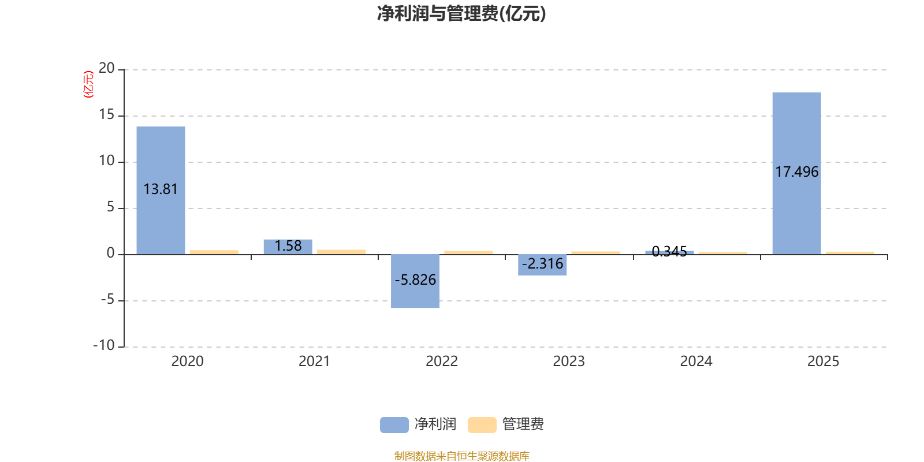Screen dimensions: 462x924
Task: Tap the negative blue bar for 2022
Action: (x=415, y=295)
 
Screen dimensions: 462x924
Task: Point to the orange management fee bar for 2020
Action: (x=214, y=252)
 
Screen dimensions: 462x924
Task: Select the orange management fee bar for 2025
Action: (x=850, y=252)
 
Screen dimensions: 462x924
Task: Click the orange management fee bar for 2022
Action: (x=468, y=252)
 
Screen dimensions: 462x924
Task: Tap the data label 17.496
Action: (x=796, y=172)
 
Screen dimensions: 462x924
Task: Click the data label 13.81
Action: (x=161, y=189)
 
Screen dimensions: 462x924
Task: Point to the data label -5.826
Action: (x=415, y=280)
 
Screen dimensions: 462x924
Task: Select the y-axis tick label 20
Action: (x=107, y=68)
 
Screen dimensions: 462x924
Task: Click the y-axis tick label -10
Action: (x=104, y=345)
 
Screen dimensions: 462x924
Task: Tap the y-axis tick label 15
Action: (x=107, y=114)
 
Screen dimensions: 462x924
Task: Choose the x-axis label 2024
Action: (x=696, y=361)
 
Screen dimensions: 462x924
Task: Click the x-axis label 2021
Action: (x=314, y=361)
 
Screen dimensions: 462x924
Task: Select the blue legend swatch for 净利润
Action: (x=394, y=424)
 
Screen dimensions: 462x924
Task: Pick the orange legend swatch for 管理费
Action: (x=482, y=424)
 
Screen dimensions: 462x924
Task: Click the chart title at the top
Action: (x=461, y=13)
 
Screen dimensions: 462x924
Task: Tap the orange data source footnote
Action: (x=461, y=456)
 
